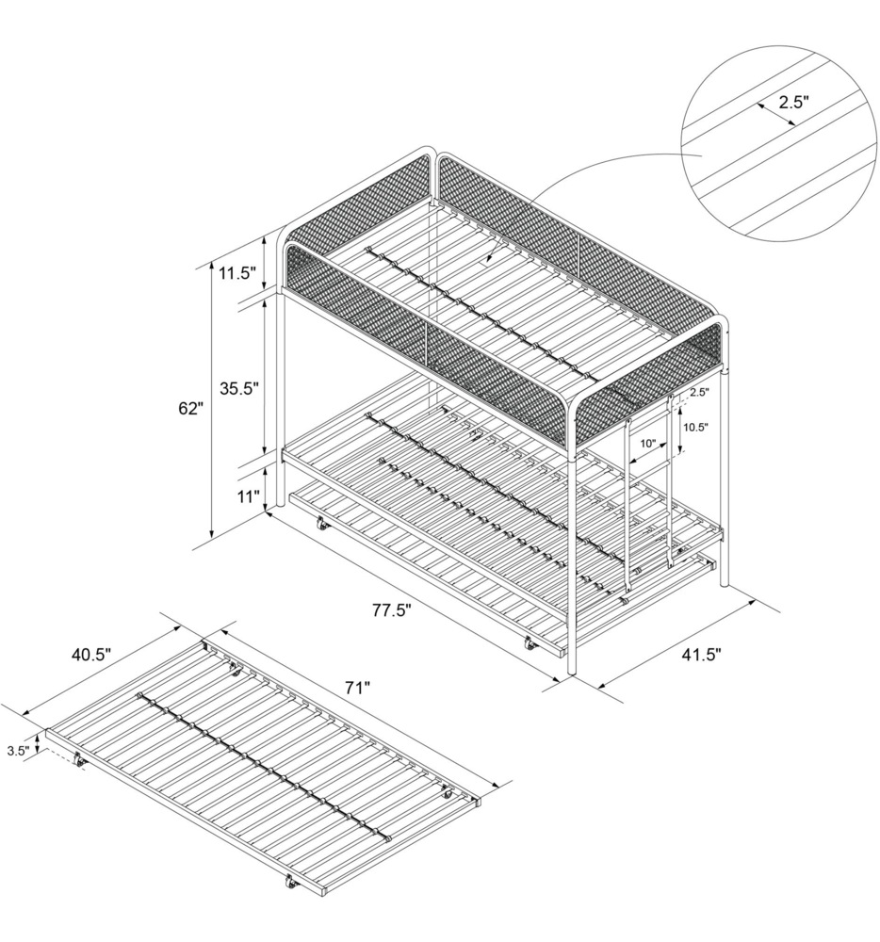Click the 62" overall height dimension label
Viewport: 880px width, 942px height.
(x=189, y=408)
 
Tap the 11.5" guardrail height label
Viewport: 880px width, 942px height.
(x=236, y=274)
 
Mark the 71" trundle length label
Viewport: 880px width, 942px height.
(x=356, y=689)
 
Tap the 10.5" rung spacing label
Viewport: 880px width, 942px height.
(x=696, y=426)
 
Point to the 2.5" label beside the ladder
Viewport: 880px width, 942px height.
(x=698, y=391)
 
